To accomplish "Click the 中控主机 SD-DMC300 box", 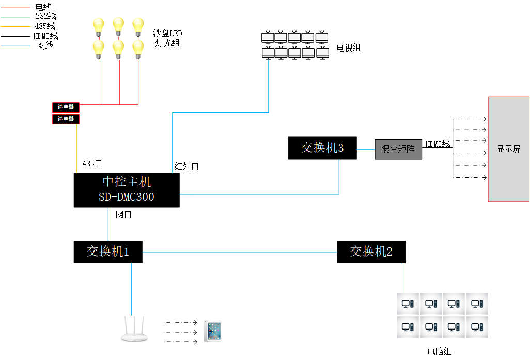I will coord(127,190).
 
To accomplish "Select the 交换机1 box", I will coord(108,252).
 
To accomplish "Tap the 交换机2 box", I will coord(371,252).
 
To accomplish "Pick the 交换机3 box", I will coord(322,148).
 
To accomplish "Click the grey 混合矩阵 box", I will coord(398,149).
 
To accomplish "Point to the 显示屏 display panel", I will coord(508,149).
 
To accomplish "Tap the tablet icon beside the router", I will coord(212,331).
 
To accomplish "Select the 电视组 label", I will coord(349,48).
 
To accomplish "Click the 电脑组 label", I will coord(440,352).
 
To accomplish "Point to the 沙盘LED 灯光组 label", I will coord(167,38).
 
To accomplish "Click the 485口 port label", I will coord(92,164).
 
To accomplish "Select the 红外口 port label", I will coord(186,167).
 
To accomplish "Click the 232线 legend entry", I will coord(45,16).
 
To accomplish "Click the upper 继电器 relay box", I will coord(66,107).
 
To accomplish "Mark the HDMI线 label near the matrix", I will coord(438,144).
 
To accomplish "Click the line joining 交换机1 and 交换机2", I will coord(239,252).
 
